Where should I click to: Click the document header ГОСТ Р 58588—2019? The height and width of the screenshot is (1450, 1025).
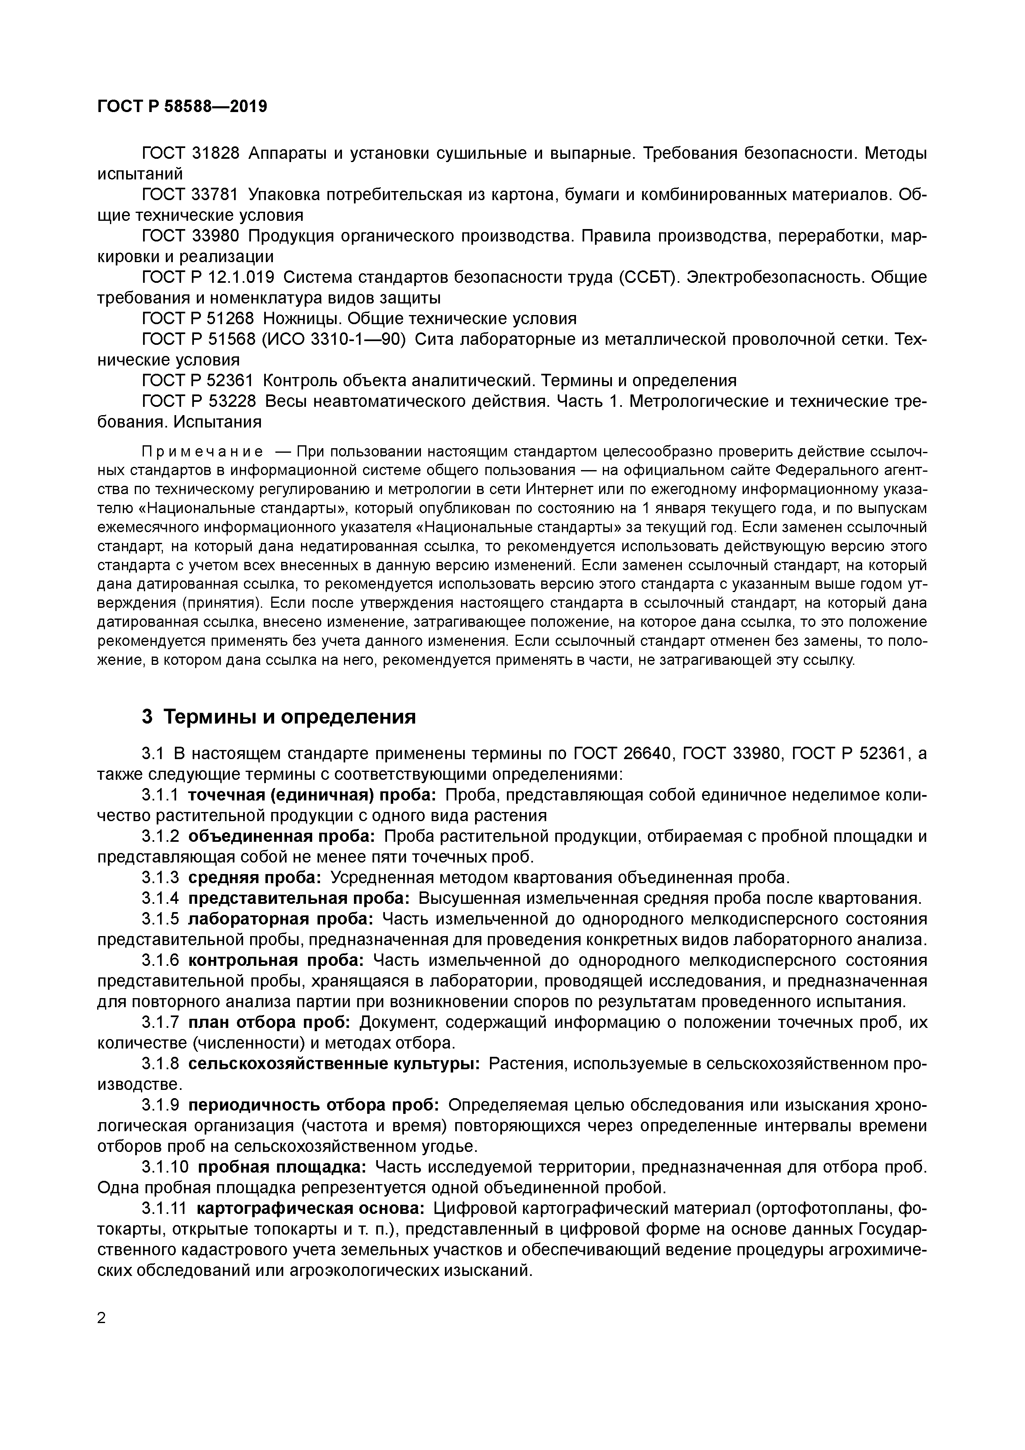coord(182,106)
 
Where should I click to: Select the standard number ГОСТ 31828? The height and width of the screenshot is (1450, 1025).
coord(190,153)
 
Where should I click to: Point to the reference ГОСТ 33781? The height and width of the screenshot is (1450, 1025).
coord(190,195)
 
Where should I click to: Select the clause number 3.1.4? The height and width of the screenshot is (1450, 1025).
coord(160,899)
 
